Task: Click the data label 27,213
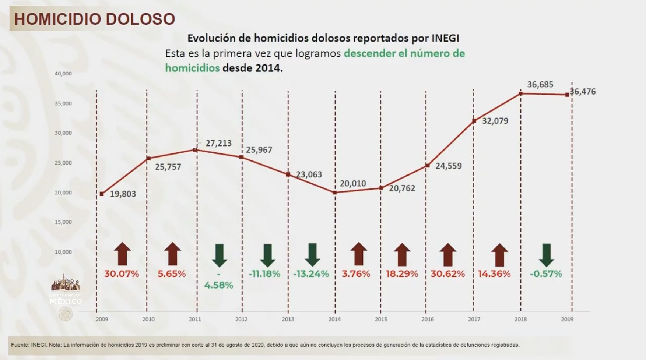pyautogui.click(x=218, y=143)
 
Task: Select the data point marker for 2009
pyautogui.click(x=102, y=194)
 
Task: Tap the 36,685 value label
pyautogui.click(x=540, y=85)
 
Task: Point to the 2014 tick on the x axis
pyautogui.click(x=334, y=319)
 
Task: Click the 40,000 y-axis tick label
pyautogui.click(x=63, y=74)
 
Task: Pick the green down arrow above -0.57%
pyautogui.click(x=546, y=255)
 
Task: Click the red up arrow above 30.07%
pyautogui.click(x=122, y=254)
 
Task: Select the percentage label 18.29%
pyautogui.click(x=402, y=274)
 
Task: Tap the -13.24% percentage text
pyautogui.click(x=311, y=274)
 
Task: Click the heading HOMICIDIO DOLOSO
pyautogui.click(x=94, y=19)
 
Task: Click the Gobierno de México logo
pyautogui.click(x=66, y=291)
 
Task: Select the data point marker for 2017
pyautogui.click(x=474, y=121)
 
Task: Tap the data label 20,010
pyautogui.click(x=352, y=183)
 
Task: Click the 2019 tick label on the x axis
pyautogui.click(x=567, y=319)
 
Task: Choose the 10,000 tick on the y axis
pyautogui.click(x=63, y=252)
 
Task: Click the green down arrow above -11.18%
pyautogui.click(x=268, y=255)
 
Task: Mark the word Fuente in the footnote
pyautogui.click(x=20, y=345)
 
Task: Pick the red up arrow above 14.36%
pyautogui.click(x=499, y=254)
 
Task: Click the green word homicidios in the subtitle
pyautogui.click(x=192, y=68)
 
